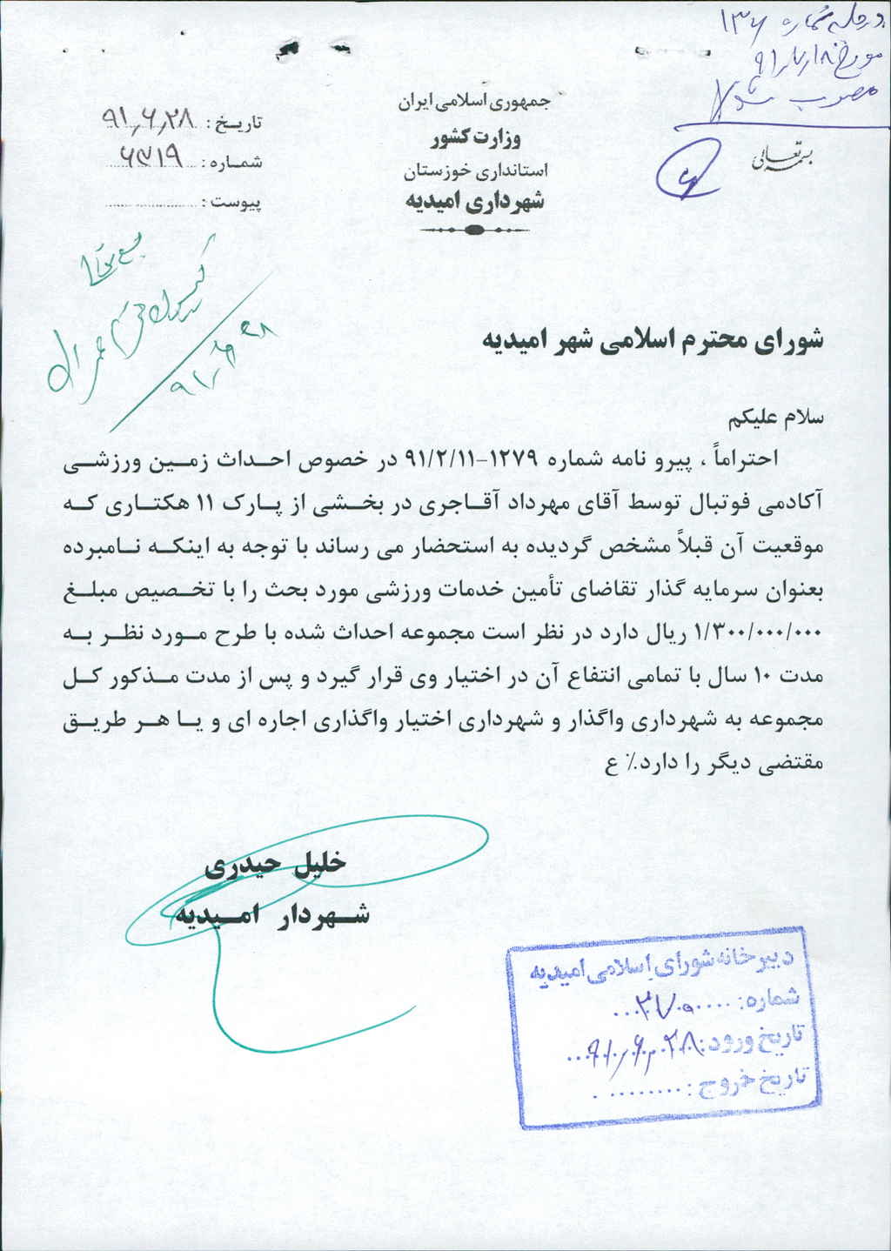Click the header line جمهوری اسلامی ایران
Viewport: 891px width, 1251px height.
pyautogui.click(x=474, y=102)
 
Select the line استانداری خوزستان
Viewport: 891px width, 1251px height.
pyautogui.click(x=474, y=171)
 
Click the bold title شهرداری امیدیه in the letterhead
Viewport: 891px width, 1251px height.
pyautogui.click(x=474, y=203)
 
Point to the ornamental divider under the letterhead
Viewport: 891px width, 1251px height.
pyautogui.click(x=474, y=231)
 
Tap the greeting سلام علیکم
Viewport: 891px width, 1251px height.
pyautogui.click(x=779, y=417)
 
